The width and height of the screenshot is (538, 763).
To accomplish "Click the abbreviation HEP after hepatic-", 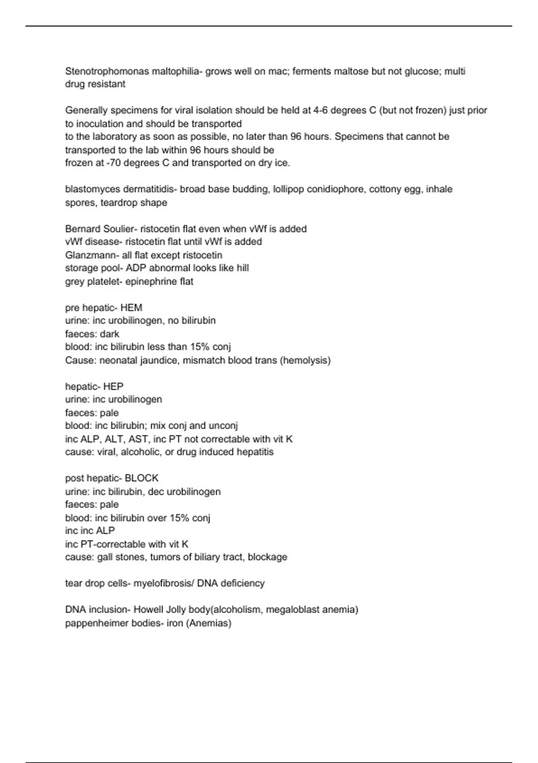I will (x=113, y=386).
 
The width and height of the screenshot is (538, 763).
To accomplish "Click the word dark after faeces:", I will (x=110, y=334).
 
